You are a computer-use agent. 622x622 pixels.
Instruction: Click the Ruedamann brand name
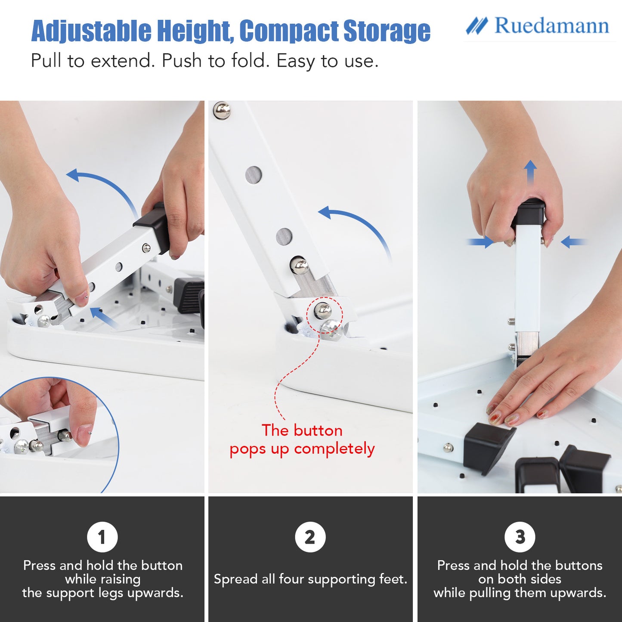pos(552,25)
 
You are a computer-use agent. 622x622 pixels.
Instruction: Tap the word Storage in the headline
pos(387,31)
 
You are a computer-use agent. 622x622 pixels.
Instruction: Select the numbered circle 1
pos(102,537)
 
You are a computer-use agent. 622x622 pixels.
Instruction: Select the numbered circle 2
pos(310,537)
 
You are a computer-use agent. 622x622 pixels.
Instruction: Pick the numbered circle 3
pos(520,537)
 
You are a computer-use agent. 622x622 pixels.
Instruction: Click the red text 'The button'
pos(302,430)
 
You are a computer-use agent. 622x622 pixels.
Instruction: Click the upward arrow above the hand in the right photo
pos(530,173)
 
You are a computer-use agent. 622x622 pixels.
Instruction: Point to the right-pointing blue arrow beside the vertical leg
pos(480,242)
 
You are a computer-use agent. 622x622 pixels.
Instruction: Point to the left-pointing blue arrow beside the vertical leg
pos(574,242)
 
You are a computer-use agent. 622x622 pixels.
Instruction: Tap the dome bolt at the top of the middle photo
pos(222,110)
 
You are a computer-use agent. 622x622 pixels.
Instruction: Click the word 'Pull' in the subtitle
pos(46,60)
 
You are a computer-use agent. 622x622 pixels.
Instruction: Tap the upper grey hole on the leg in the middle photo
pos(254,175)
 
